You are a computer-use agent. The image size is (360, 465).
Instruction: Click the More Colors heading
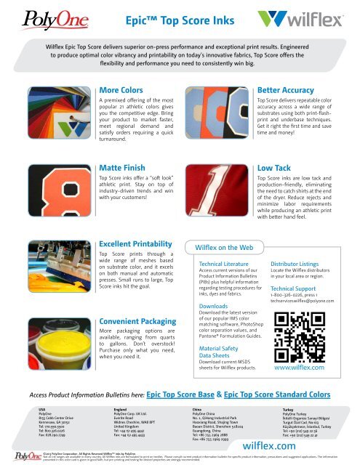tap(121, 90)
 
